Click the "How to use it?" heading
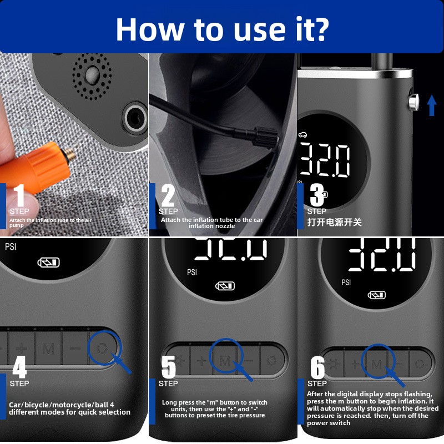223,29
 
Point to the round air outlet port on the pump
135,118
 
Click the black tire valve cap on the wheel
266,137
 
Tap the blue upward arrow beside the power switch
432,105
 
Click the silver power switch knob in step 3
413,102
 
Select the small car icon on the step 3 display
302,135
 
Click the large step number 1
19,195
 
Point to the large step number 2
168,195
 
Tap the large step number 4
19,367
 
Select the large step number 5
169,367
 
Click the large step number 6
317,367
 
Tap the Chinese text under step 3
335,223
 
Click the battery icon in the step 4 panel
49,263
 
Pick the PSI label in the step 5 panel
191,272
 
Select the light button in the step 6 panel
334,364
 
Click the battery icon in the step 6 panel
377,295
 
